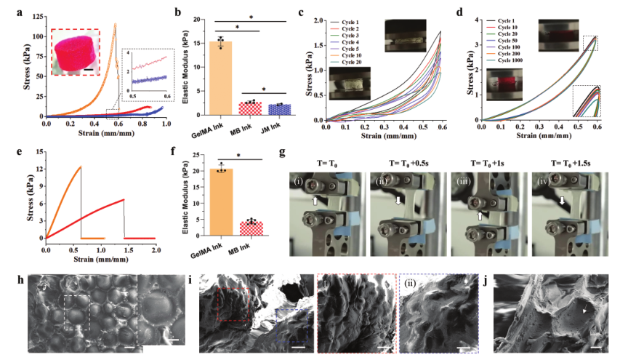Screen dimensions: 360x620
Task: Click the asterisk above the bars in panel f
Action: coord(239,156)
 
